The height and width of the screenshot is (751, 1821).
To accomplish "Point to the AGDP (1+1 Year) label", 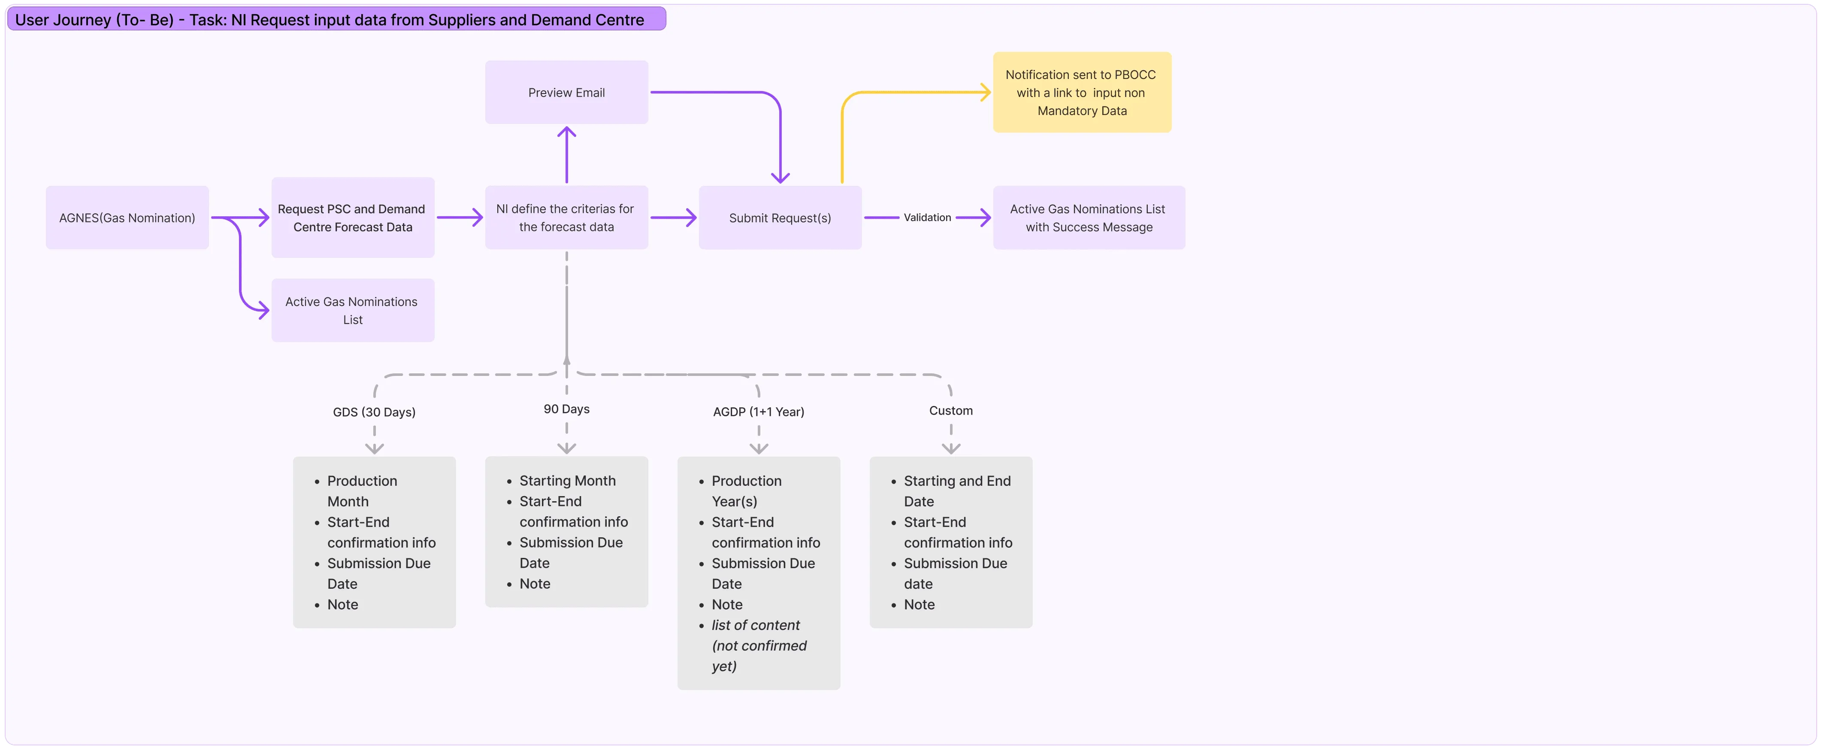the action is point(759,412).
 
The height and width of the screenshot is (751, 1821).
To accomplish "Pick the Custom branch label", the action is point(951,410).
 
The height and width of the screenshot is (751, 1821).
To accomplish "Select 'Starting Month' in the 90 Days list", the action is point(568,481).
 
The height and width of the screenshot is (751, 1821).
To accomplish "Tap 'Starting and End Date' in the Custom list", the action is point(957,491).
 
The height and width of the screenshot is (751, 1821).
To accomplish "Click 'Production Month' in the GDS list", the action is point(362,491).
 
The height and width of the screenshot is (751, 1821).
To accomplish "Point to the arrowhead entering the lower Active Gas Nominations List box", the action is point(264,310).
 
